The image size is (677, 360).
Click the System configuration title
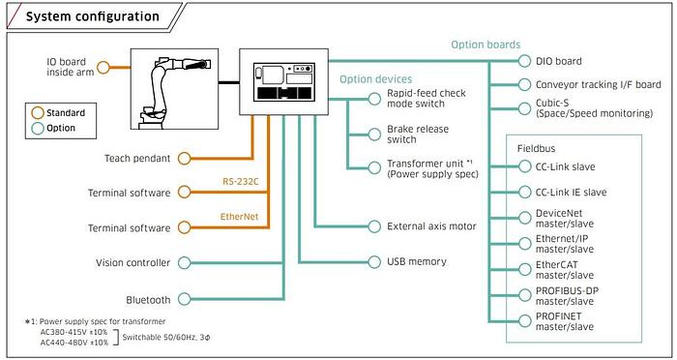[x=93, y=16]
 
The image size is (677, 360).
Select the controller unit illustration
[x=284, y=82]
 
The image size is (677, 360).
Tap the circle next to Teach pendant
[x=185, y=158]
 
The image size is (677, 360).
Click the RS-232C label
[x=241, y=182]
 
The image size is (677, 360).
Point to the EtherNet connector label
[x=239, y=216]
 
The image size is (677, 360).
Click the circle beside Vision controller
[x=185, y=263]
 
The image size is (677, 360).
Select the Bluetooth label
[x=148, y=299]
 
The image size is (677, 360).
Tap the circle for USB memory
[x=375, y=262]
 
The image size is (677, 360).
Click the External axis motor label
[x=431, y=226]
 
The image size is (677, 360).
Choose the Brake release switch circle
[x=375, y=135]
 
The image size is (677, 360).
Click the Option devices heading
[x=375, y=79]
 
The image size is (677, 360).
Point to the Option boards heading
[x=486, y=45]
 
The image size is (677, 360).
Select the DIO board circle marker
[x=524, y=61]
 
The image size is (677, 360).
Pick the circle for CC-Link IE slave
[x=524, y=192]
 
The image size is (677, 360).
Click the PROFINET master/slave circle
[x=524, y=321]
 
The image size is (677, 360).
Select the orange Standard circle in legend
[x=38, y=113]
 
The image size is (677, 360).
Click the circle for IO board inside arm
[x=103, y=67]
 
